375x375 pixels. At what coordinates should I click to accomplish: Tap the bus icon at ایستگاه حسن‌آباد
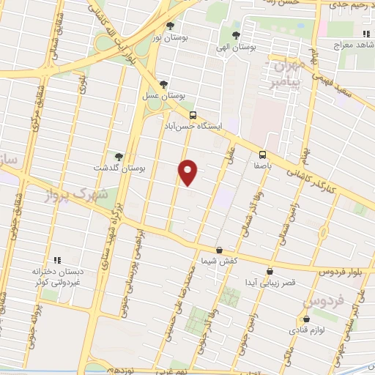(x=193, y=115)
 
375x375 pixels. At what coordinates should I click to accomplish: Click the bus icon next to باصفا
(x=262, y=154)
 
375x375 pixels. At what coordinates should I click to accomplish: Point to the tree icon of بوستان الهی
(x=235, y=35)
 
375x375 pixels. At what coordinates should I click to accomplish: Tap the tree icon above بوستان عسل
(x=163, y=85)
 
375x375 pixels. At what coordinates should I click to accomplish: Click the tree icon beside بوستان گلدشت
(x=118, y=157)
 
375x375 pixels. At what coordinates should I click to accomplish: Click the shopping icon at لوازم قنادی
(x=306, y=319)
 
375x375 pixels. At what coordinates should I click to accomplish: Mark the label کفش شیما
(x=220, y=261)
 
